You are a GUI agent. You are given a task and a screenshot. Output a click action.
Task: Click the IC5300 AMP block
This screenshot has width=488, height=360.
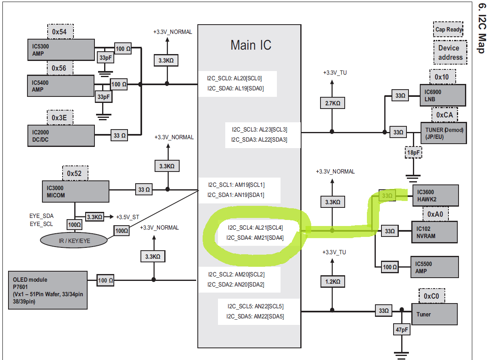click(x=61, y=50)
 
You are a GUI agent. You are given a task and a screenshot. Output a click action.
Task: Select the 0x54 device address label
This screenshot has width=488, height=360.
click(x=59, y=31)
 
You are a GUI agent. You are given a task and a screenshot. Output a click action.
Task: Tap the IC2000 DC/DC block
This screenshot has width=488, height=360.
click(x=61, y=135)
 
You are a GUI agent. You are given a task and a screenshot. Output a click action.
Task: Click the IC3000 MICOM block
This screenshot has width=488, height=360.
click(x=75, y=191)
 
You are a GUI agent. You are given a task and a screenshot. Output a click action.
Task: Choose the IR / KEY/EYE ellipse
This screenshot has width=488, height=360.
click(x=74, y=241)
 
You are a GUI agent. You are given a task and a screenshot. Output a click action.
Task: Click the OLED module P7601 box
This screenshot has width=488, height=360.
click(x=48, y=290)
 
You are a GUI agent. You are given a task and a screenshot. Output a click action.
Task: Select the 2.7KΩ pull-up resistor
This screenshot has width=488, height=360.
click(x=332, y=103)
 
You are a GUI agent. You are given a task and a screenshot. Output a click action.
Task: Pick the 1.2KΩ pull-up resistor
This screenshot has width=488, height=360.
click(x=332, y=281)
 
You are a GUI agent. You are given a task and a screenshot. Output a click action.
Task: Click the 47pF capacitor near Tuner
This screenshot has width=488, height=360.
click(x=402, y=330)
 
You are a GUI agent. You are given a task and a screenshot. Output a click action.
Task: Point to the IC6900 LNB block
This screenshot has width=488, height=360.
click(x=442, y=95)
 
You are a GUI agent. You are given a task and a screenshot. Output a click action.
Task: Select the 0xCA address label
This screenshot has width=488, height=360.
click(x=444, y=115)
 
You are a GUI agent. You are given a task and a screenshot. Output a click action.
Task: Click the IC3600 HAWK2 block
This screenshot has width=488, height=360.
click(x=435, y=195)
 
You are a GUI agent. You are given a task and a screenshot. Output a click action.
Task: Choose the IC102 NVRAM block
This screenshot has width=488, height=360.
click(x=434, y=232)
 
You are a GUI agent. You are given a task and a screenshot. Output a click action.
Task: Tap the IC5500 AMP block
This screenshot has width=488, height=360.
click(x=434, y=267)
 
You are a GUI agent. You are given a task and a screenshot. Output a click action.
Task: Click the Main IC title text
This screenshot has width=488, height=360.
click(x=251, y=45)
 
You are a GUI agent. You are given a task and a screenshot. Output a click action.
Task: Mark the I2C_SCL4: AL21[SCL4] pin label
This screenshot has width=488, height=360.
click(x=255, y=228)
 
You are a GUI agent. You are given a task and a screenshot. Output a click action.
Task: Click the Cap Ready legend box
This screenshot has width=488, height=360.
click(x=448, y=29)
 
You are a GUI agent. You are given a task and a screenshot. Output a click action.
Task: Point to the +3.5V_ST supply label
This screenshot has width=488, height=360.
click(x=128, y=217)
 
